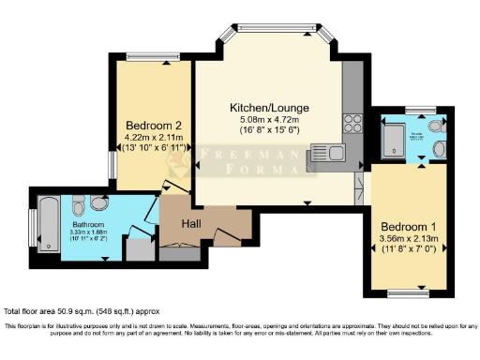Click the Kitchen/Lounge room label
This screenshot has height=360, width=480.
[269, 108]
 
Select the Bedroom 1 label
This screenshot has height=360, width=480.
[405, 226]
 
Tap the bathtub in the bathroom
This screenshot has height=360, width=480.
[48, 226]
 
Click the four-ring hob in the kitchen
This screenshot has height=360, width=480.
[353, 121]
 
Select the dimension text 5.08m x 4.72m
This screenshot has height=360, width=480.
[269, 120]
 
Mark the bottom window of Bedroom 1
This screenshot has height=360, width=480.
[406, 293]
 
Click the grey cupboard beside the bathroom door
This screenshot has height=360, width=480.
[138, 248]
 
